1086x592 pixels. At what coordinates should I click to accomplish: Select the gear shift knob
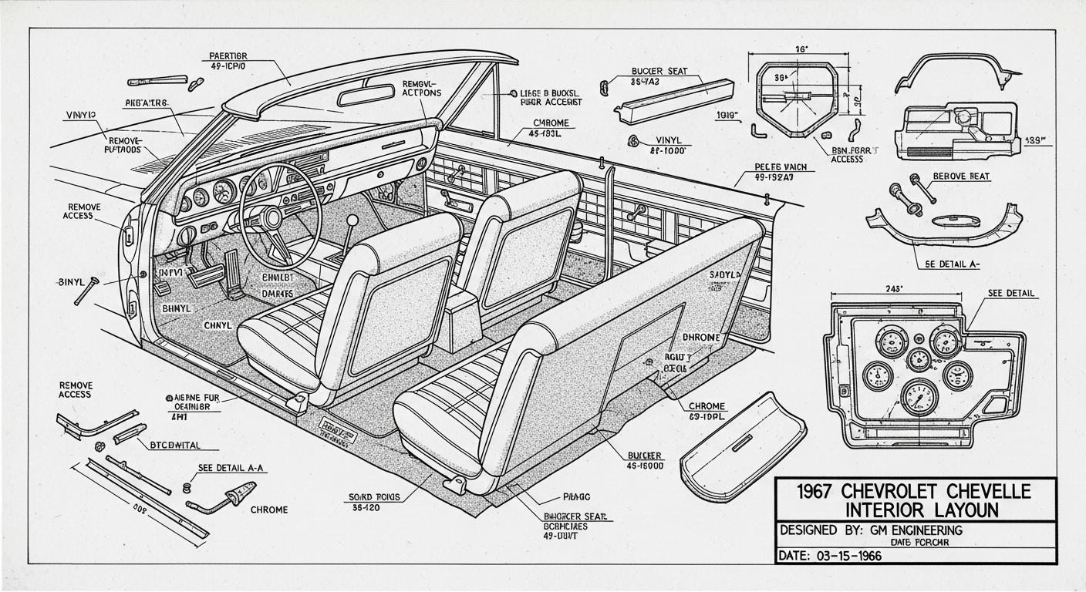point(352,220)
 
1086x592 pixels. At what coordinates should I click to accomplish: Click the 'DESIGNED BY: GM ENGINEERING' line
point(872,530)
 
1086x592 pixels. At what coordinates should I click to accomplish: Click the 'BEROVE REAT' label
point(961,177)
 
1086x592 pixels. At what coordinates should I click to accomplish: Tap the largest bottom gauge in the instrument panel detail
point(919,396)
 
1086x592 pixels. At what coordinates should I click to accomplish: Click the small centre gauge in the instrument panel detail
point(919,360)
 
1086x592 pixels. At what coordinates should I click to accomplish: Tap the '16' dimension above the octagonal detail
point(801,49)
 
